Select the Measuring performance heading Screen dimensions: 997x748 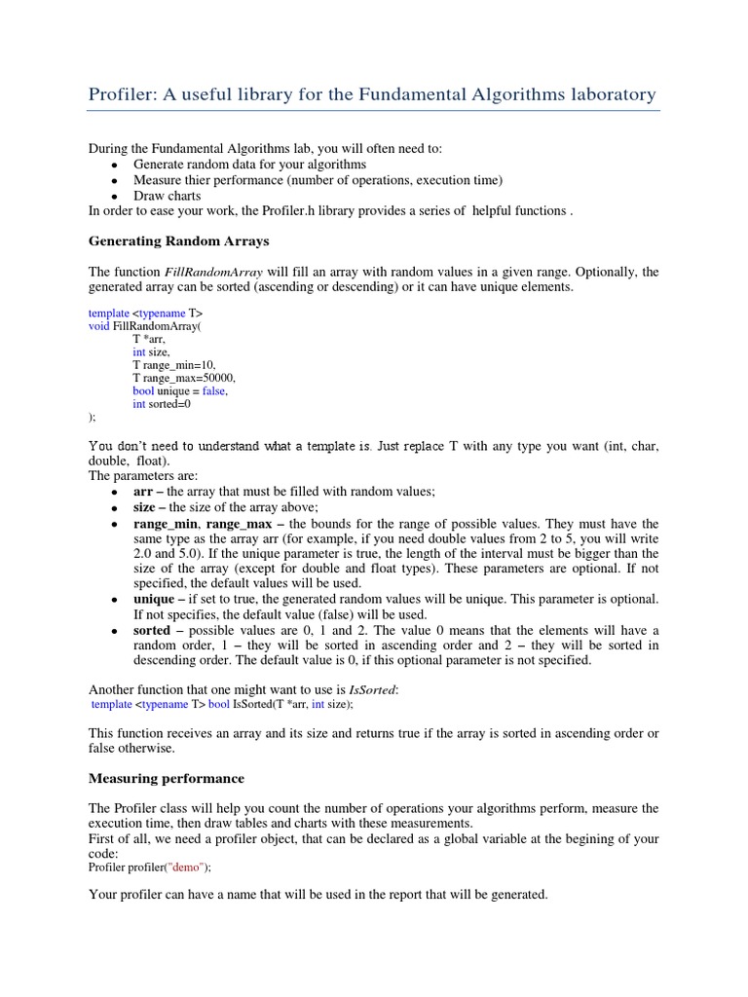[x=167, y=778]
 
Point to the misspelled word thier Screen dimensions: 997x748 [x=203, y=180]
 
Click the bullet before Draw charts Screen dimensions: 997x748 [x=114, y=197]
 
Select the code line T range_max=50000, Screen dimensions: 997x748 [x=184, y=377]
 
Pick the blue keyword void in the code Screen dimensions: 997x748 [x=99, y=326]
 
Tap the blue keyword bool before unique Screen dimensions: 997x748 [x=143, y=390]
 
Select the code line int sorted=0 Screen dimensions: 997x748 [x=162, y=403]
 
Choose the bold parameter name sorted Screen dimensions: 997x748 [x=152, y=630]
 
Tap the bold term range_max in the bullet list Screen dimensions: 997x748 [x=239, y=523]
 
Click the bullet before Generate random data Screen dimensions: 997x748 [x=114, y=166]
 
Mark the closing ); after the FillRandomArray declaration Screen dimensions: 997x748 [x=93, y=416]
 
